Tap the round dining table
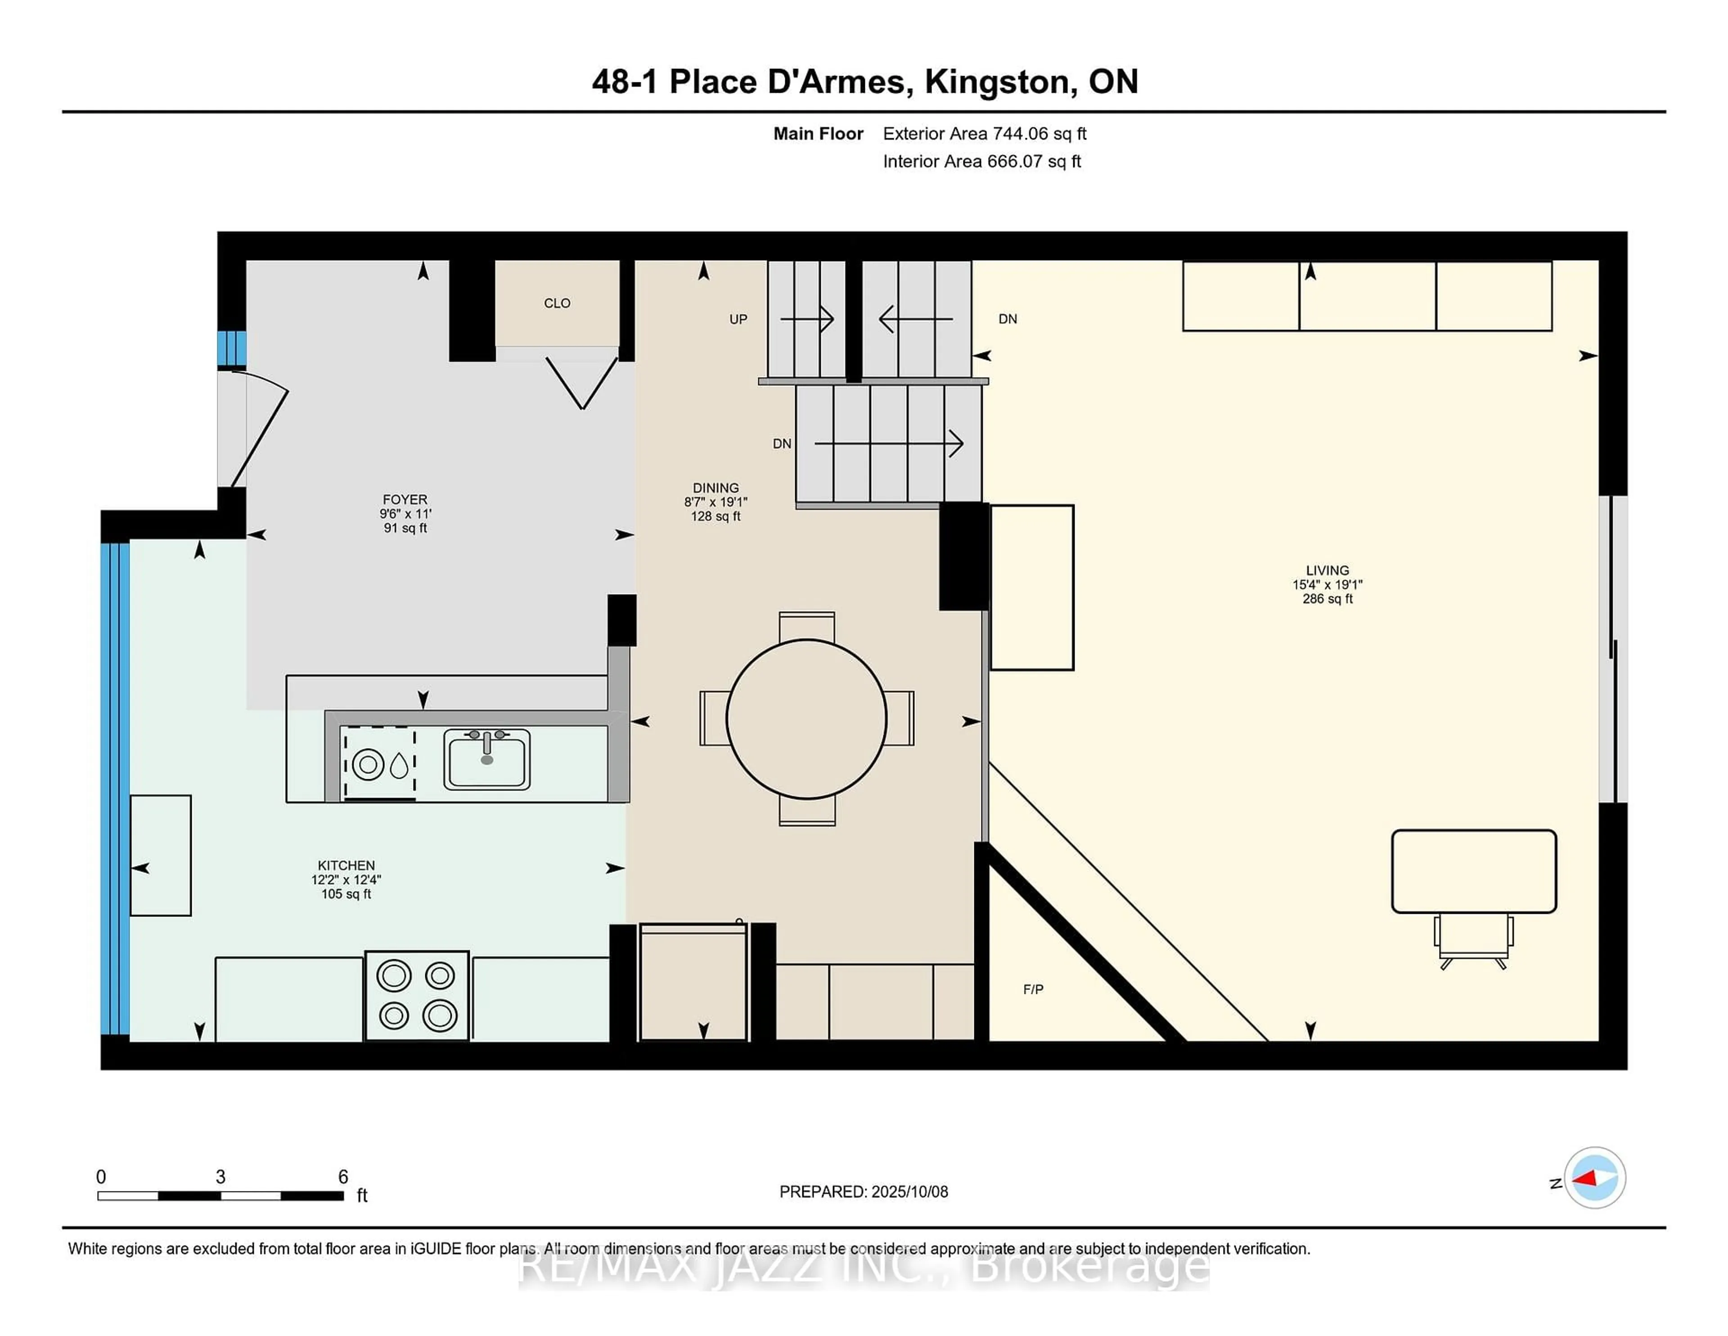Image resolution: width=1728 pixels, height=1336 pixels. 806,719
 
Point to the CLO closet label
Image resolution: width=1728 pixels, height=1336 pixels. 557,303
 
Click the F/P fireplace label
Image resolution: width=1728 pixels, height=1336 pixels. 1033,989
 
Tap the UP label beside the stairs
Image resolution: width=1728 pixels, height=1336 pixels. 738,320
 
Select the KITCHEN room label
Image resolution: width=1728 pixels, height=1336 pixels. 346,865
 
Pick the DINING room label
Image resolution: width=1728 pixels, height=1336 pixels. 715,488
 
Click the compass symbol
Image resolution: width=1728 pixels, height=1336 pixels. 1594,1178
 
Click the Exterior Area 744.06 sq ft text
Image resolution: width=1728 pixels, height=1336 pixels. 984,134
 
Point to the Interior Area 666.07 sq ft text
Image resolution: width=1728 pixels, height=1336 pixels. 981,162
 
